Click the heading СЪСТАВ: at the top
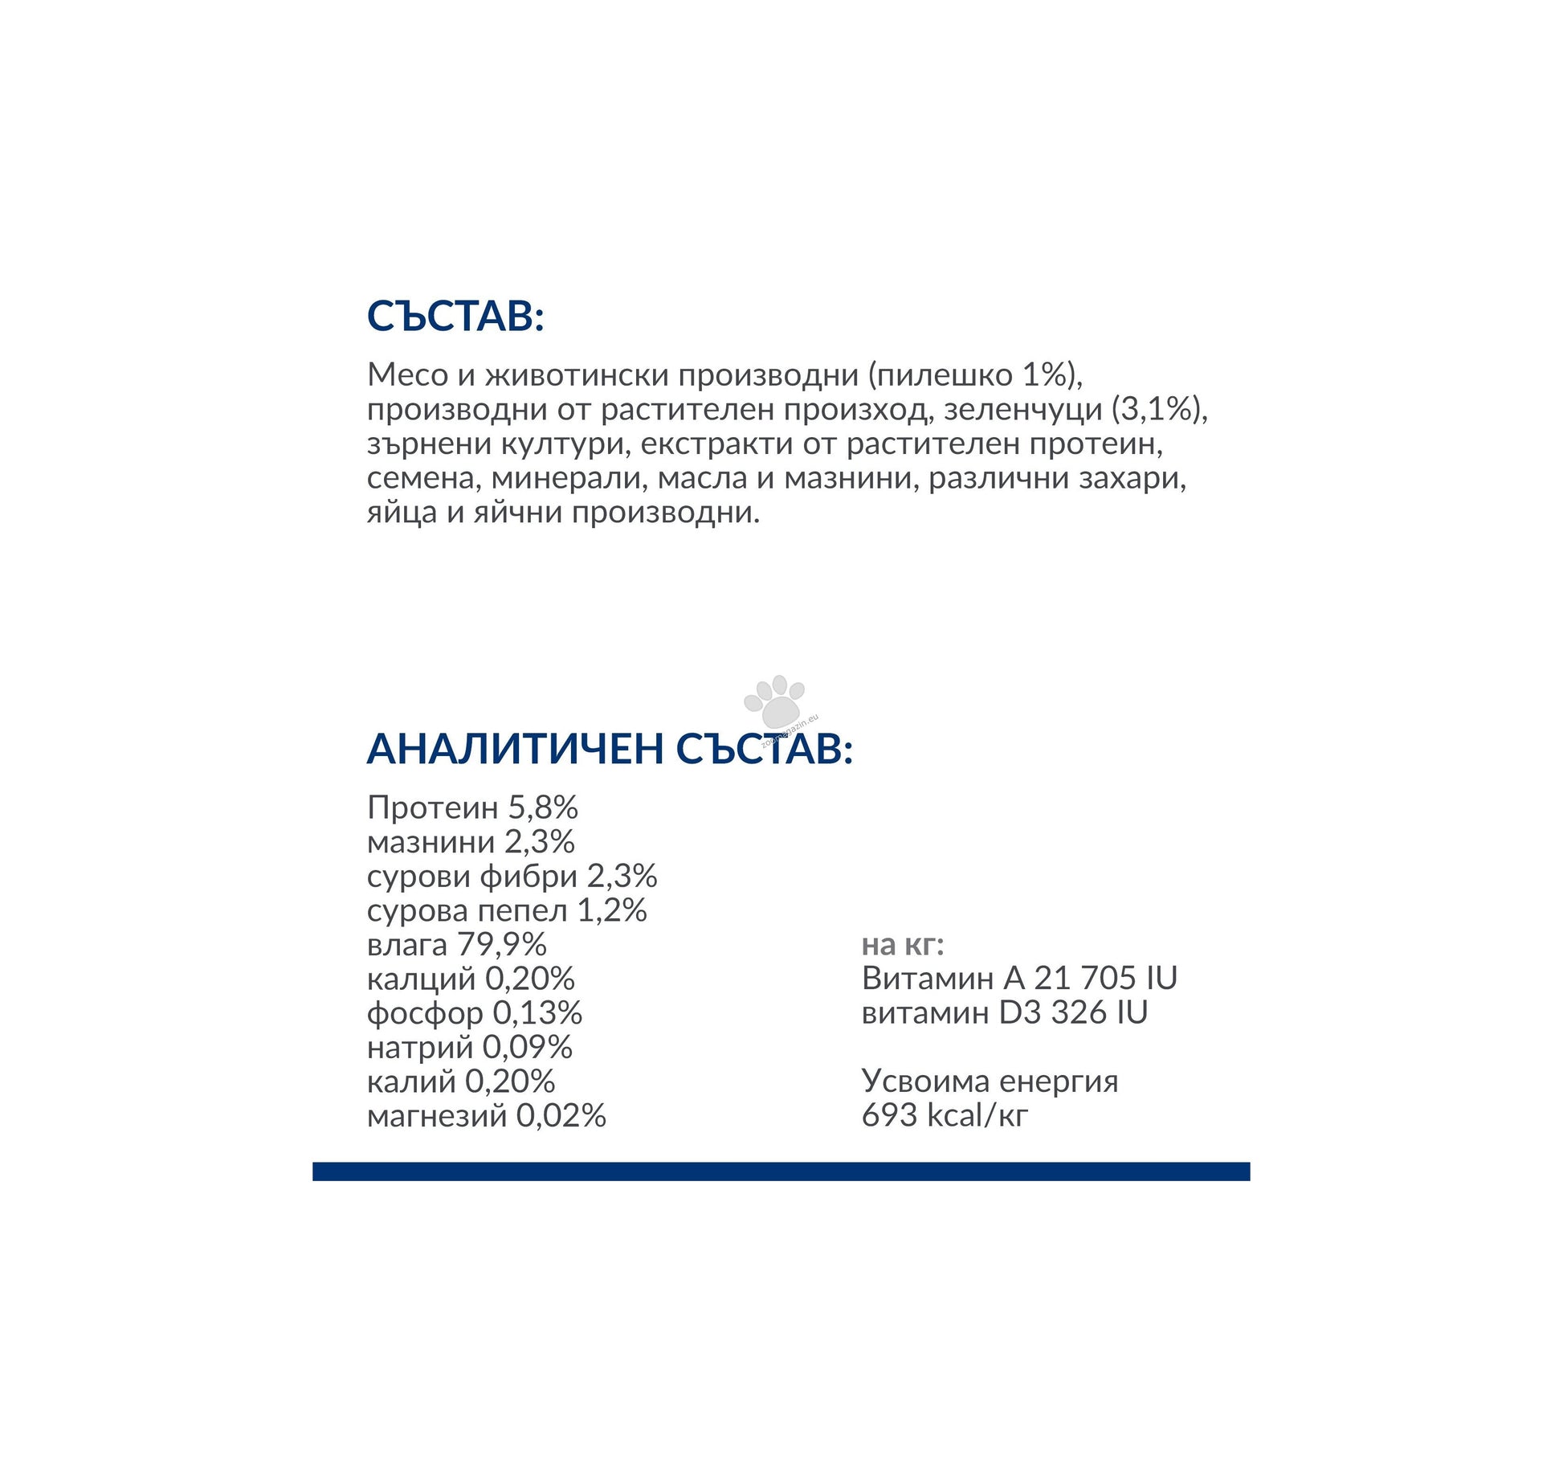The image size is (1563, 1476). click(455, 316)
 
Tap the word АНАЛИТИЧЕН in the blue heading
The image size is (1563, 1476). click(515, 749)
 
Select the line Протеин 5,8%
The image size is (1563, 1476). click(472, 808)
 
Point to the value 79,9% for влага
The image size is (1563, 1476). click(502, 944)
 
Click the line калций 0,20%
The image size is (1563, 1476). click(471, 979)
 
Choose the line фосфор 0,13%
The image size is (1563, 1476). click(474, 1013)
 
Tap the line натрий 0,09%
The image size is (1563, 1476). click(469, 1047)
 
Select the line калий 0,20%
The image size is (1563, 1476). click(461, 1081)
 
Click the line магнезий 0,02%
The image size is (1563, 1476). click(486, 1116)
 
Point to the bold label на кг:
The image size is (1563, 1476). click(902, 944)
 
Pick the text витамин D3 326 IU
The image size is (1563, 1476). click(1004, 1012)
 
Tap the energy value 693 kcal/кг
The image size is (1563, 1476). click(944, 1115)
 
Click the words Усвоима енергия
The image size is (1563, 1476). click(990, 1081)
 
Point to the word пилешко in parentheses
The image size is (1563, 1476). click(945, 374)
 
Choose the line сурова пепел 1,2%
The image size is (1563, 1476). click(507, 910)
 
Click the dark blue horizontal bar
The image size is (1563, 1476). click(781, 1171)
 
